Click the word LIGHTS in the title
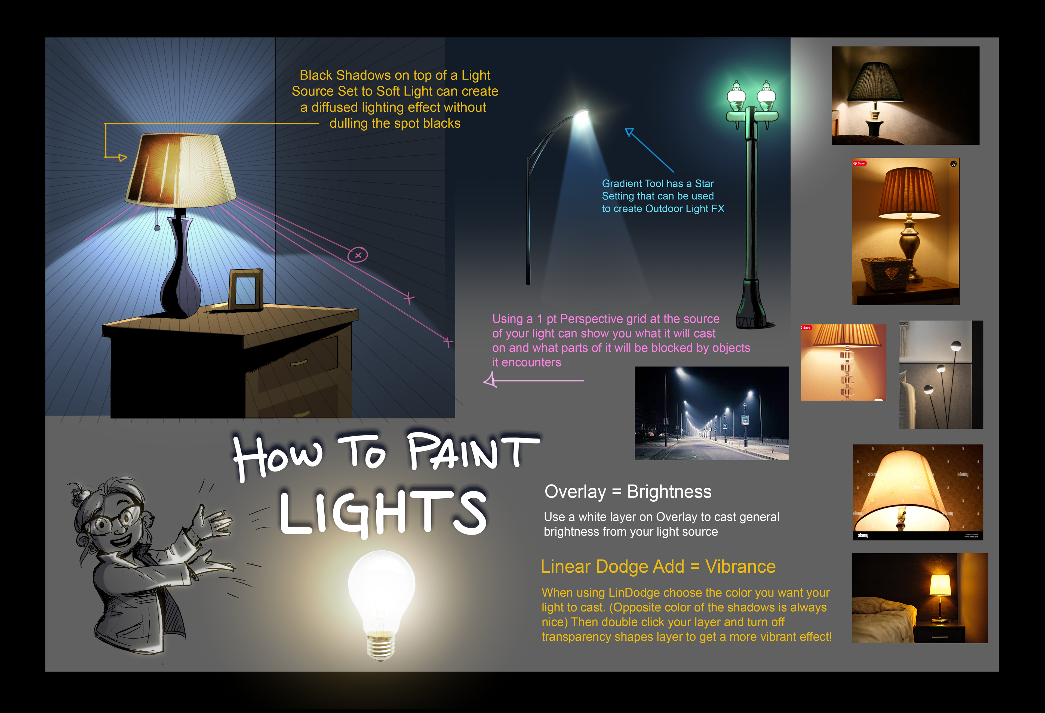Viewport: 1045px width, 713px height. pyautogui.click(x=383, y=513)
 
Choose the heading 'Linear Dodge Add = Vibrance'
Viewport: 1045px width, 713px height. pyautogui.click(x=658, y=566)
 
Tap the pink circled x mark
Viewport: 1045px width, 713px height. pyautogui.click(x=358, y=255)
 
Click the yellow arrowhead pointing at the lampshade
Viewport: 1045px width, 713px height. pyautogui.click(x=122, y=157)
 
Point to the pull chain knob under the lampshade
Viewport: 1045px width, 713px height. pyautogui.click(x=157, y=228)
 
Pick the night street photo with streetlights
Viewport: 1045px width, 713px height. pyautogui.click(x=711, y=413)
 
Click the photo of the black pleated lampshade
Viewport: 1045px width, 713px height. pyautogui.click(x=906, y=95)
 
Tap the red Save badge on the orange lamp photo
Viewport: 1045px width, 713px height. pyautogui.click(x=859, y=163)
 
